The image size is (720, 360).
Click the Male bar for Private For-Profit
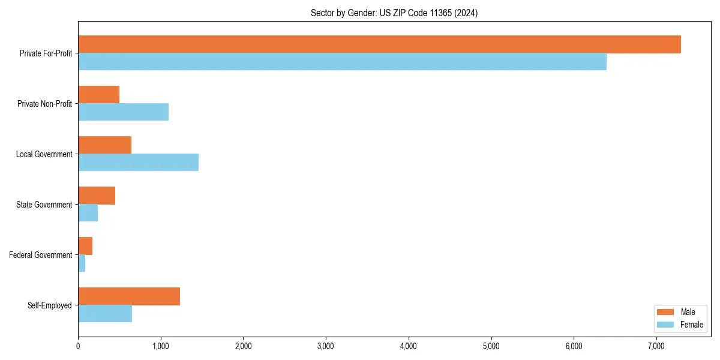point(379,44)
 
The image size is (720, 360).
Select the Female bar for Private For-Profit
point(342,62)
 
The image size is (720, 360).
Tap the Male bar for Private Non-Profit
point(99,95)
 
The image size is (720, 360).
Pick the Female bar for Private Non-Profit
point(123,112)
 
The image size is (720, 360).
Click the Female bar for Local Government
point(138,163)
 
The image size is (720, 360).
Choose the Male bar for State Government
point(97,196)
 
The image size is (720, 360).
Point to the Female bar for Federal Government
point(82,263)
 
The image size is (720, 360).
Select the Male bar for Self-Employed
point(129,296)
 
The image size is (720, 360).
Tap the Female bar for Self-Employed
point(105,314)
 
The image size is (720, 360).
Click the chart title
point(394,13)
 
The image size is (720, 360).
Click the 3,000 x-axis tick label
point(326,346)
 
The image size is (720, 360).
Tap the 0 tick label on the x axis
point(78,346)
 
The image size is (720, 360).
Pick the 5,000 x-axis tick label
point(491,346)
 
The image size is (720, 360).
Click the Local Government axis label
point(44,154)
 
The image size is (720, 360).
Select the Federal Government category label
point(40,255)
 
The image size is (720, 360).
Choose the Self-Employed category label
point(49,305)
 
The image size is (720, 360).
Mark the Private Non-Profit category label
point(44,104)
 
